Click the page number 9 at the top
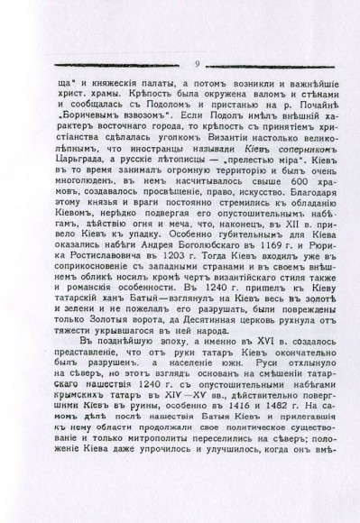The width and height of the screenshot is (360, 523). tap(197, 62)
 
